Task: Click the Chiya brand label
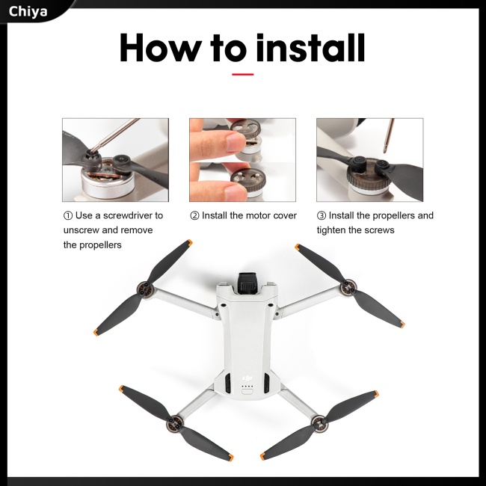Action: (x=28, y=10)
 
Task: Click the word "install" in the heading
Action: (x=310, y=48)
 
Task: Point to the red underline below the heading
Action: (x=242, y=74)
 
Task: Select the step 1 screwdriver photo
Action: (x=115, y=160)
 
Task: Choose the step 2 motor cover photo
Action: (x=242, y=160)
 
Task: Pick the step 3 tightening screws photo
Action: (x=369, y=160)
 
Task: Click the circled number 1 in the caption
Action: (x=68, y=215)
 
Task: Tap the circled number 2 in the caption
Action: (x=194, y=215)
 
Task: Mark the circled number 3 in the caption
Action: (x=322, y=215)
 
